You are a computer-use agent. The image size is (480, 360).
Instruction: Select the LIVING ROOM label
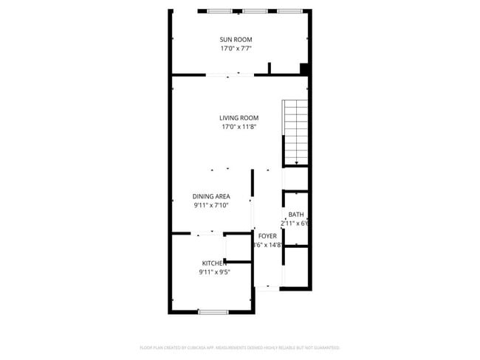(x=239, y=117)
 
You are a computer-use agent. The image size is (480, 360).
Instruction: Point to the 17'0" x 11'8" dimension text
(x=239, y=127)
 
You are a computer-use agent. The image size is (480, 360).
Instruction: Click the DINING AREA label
(x=211, y=196)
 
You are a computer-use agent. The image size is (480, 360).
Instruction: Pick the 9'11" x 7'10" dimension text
(x=211, y=206)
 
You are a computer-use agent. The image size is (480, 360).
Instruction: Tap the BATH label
(x=295, y=215)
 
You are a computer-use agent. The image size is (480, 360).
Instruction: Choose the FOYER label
(x=267, y=236)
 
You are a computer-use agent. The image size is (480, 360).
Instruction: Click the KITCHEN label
(x=214, y=263)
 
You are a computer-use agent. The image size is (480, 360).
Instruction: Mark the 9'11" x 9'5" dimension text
(x=214, y=272)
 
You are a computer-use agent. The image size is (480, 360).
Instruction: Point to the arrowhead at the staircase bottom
(x=295, y=163)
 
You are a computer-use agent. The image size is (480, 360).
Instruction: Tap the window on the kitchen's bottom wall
(x=212, y=312)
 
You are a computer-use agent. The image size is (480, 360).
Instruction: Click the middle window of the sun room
(x=255, y=11)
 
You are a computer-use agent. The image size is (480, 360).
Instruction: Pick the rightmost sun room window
(x=289, y=11)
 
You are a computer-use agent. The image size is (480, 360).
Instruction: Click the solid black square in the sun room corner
(x=304, y=69)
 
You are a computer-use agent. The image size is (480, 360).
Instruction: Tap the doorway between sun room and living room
(x=230, y=75)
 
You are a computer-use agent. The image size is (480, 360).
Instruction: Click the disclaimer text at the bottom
(x=239, y=347)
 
